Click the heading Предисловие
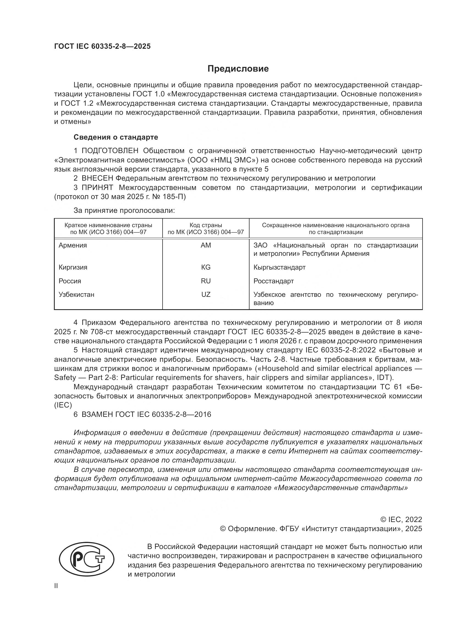(x=238, y=69)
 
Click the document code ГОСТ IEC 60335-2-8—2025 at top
(x=102, y=46)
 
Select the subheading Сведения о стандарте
(x=116, y=137)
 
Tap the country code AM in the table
(x=206, y=245)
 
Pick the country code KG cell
(x=206, y=267)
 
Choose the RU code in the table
(x=206, y=281)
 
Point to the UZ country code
(x=206, y=295)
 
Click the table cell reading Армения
(x=73, y=245)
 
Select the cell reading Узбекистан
(x=76, y=295)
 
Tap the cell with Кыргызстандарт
(x=279, y=267)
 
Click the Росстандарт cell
(x=273, y=281)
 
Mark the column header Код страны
(x=206, y=225)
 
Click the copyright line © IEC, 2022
(x=401, y=520)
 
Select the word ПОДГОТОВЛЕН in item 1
(x=110, y=151)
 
